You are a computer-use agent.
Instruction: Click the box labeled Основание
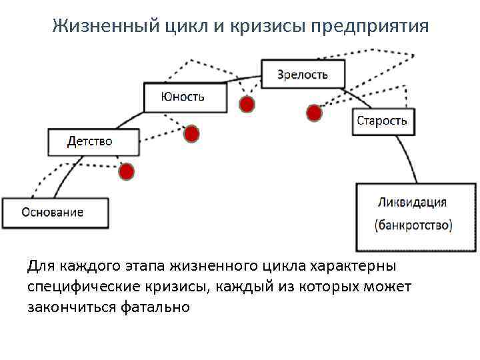click(53, 213)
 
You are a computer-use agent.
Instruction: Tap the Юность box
click(182, 97)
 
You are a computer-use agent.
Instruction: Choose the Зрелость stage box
click(303, 74)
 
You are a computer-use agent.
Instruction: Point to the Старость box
click(381, 121)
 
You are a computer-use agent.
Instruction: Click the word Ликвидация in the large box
click(412, 201)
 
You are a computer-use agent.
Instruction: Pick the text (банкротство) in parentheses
click(413, 225)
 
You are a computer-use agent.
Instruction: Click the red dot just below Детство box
click(127, 172)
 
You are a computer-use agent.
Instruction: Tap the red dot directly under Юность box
click(191, 134)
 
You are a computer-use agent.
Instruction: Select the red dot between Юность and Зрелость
click(247, 105)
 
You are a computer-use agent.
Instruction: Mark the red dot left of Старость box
click(314, 113)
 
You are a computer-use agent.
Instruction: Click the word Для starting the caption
click(41, 266)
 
